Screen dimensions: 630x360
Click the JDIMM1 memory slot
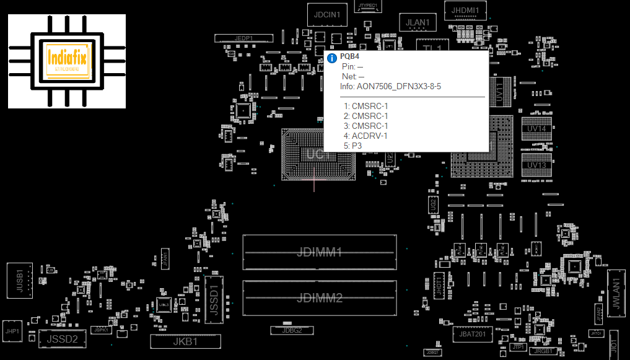319,252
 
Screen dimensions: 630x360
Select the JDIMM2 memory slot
319,298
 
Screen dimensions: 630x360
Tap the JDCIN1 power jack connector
326,14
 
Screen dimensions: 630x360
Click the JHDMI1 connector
465,11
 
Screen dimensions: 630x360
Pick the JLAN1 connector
418,22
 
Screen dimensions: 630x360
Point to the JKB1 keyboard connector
185,341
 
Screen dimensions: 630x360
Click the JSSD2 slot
63,338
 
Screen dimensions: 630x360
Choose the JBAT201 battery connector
473,335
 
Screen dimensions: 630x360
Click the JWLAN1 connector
616,294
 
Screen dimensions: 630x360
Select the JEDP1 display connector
243,38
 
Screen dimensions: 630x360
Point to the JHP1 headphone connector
12,331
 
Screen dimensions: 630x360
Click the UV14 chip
536,129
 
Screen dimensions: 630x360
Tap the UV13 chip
536,165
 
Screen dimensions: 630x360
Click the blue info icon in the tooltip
332,57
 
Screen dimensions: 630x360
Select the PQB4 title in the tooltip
349,56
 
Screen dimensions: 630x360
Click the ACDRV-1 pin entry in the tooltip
369,136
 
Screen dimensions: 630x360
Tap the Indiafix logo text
68,59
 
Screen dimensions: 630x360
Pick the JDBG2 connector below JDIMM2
292,330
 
